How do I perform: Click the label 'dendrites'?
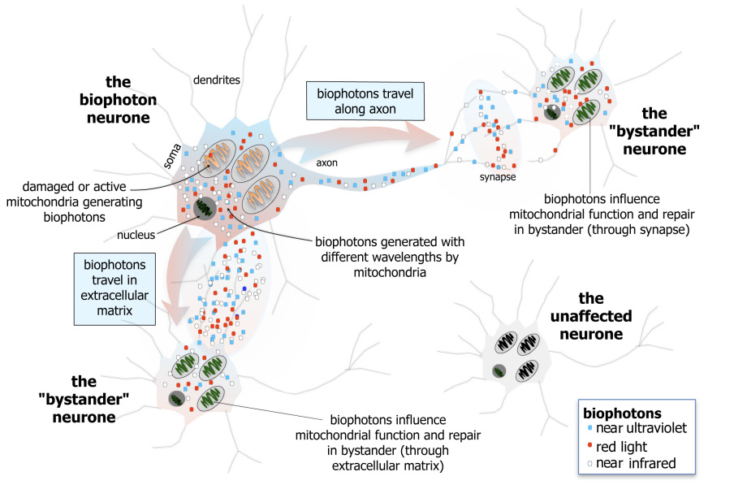pos(218,80)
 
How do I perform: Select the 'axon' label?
pos(327,162)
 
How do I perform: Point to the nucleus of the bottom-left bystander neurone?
pos(176,398)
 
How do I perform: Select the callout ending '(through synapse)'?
pos(596,214)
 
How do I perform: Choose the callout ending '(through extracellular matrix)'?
pos(388,444)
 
